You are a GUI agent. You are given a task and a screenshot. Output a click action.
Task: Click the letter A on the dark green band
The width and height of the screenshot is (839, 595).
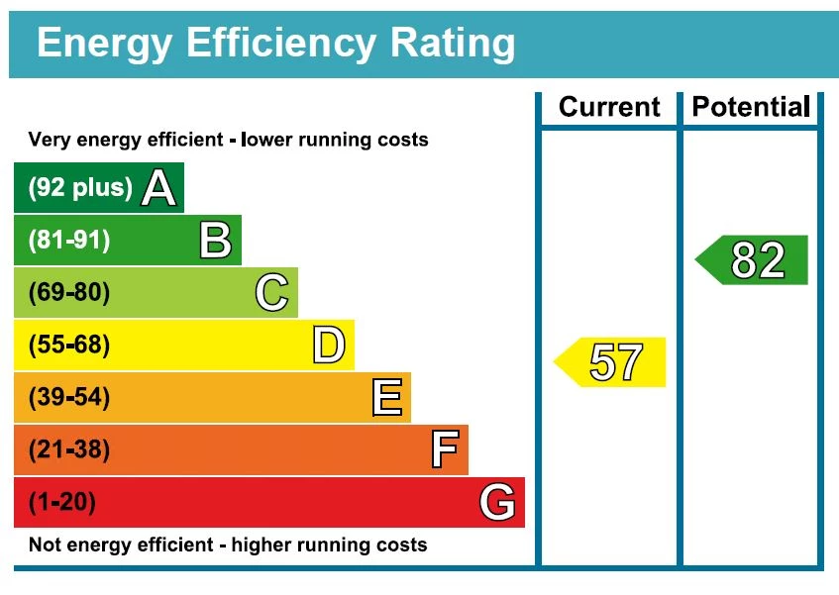158,188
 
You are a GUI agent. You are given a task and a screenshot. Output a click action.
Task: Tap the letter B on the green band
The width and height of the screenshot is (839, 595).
215,241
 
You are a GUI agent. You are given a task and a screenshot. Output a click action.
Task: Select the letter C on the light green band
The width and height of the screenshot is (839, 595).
271,293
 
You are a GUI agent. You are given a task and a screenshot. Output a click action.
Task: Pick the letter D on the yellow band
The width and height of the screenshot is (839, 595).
328,346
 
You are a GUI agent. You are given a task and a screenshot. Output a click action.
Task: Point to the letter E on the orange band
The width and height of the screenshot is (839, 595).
386,398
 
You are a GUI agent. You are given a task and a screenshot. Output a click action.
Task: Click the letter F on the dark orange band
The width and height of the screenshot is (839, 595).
445,450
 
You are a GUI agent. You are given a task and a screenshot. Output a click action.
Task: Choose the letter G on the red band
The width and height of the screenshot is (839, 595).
497,503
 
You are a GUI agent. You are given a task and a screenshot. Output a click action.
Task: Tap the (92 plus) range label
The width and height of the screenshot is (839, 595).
80,188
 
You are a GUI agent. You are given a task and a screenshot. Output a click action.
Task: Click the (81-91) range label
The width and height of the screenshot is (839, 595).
69,241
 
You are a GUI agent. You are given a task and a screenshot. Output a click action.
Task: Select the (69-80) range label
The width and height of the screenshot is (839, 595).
69,293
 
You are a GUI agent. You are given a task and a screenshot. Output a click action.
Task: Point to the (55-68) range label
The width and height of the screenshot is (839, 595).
69,346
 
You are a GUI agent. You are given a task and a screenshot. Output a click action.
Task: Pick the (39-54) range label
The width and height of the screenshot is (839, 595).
69,398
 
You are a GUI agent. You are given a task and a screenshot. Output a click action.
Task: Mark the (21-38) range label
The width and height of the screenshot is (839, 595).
69,450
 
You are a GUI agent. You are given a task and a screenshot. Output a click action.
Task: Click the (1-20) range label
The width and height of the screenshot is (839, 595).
62,503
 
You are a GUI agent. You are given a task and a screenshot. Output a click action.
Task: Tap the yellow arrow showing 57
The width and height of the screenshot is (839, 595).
611,362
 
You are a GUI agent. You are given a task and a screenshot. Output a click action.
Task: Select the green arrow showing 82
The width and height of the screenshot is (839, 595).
754,260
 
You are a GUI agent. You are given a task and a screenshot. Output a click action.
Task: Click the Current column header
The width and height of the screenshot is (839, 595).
609,107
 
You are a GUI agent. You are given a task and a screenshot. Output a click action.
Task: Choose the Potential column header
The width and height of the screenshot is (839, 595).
751,107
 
